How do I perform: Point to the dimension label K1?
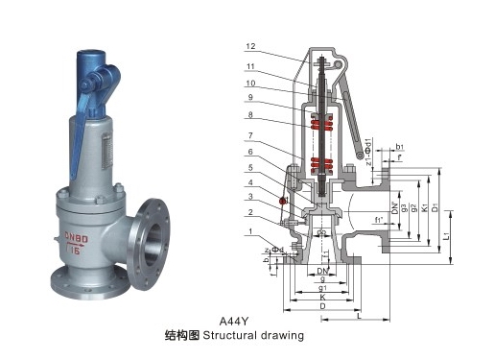(423, 207)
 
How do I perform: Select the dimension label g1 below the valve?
(324, 287)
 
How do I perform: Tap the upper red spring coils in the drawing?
(322, 122)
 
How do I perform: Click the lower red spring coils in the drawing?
(322, 163)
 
